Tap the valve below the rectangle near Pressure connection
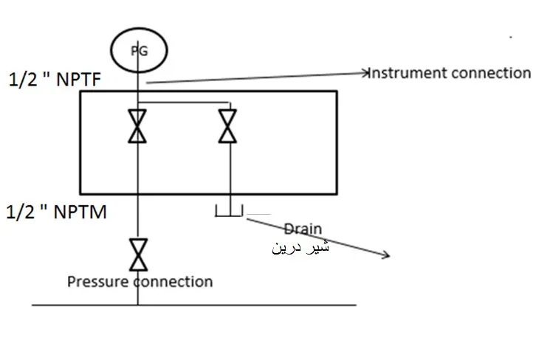139,255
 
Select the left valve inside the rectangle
137,125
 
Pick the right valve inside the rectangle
227,125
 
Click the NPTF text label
78,79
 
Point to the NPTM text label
80,212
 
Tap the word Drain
303,229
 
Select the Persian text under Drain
300,247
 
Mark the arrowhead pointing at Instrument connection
366,72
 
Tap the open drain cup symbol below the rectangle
229,216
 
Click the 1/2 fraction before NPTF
23,80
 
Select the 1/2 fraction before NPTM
21,212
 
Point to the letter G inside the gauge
144,51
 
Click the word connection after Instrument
490,73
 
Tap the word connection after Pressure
173,282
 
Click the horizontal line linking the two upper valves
184,102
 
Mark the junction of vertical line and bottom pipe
138,305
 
